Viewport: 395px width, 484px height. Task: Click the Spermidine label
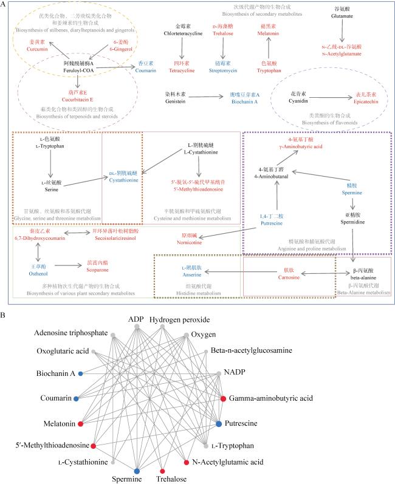tap(357, 209)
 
